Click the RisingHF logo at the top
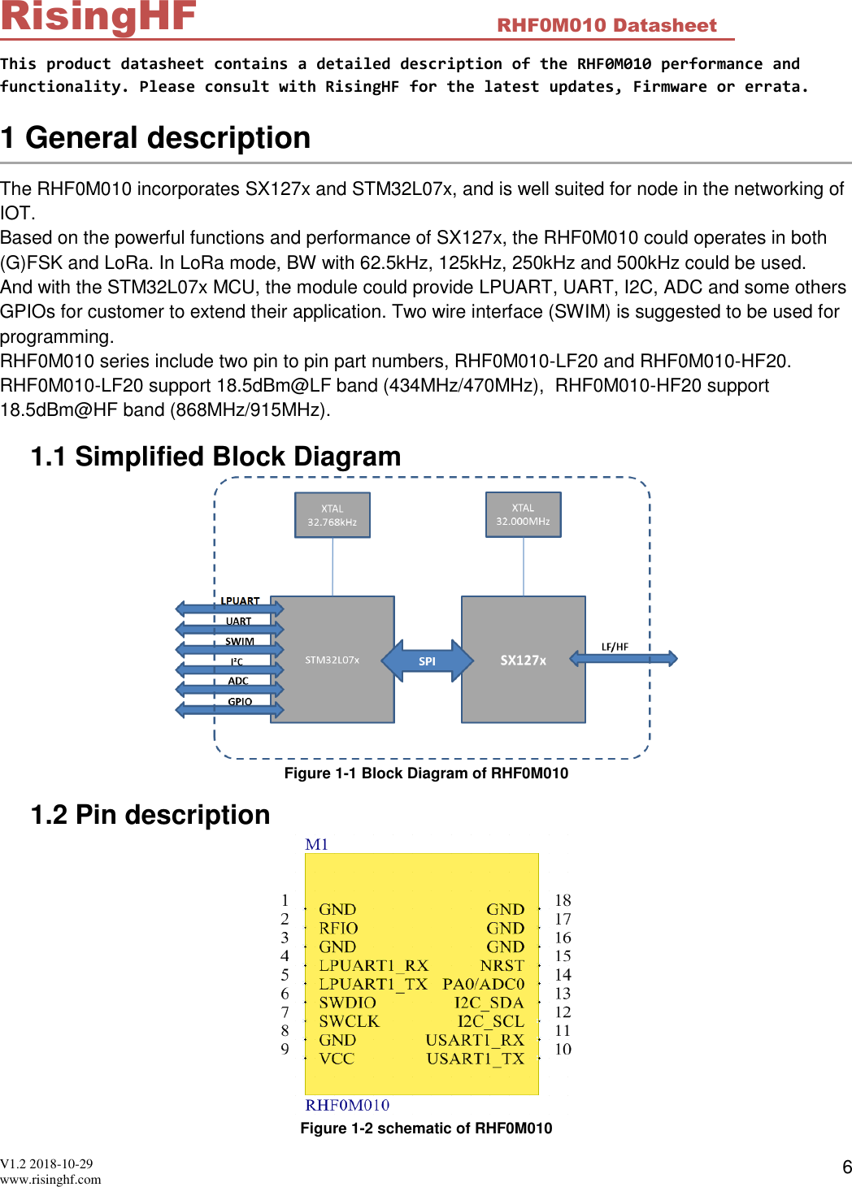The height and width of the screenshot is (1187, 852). [x=98, y=17]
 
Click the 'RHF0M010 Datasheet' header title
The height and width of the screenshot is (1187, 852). [x=606, y=26]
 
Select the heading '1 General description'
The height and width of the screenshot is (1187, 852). [x=156, y=138]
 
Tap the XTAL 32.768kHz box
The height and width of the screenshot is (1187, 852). [x=332, y=515]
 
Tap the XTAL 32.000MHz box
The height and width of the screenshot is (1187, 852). [x=523, y=514]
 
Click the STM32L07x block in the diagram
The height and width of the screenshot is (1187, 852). [x=332, y=660]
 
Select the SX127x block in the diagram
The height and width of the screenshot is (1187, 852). [x=523, y=660]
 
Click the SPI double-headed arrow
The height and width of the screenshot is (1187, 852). [x=427, y=661]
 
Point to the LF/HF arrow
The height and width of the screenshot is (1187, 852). [x=623, y=657]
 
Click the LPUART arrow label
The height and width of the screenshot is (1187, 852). [x=240, y=601]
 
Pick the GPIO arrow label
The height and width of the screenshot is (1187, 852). [x=240, y=702]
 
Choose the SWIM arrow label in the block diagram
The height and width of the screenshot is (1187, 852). [x=240, y=642]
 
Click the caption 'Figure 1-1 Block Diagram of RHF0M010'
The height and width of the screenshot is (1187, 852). [x=426, y=773]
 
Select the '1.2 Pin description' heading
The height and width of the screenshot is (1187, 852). [x=150, y=815]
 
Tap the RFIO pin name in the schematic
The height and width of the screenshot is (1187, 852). [x=338, y=928]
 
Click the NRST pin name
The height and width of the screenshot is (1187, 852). [x=502, y=965]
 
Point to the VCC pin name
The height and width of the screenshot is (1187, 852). [x=337, y=1059]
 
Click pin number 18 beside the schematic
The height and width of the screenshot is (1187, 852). [x=563, y=900]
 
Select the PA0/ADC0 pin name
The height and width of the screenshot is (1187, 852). [x=483, y=984]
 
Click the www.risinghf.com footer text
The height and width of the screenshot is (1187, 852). [x=50, y=1180]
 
